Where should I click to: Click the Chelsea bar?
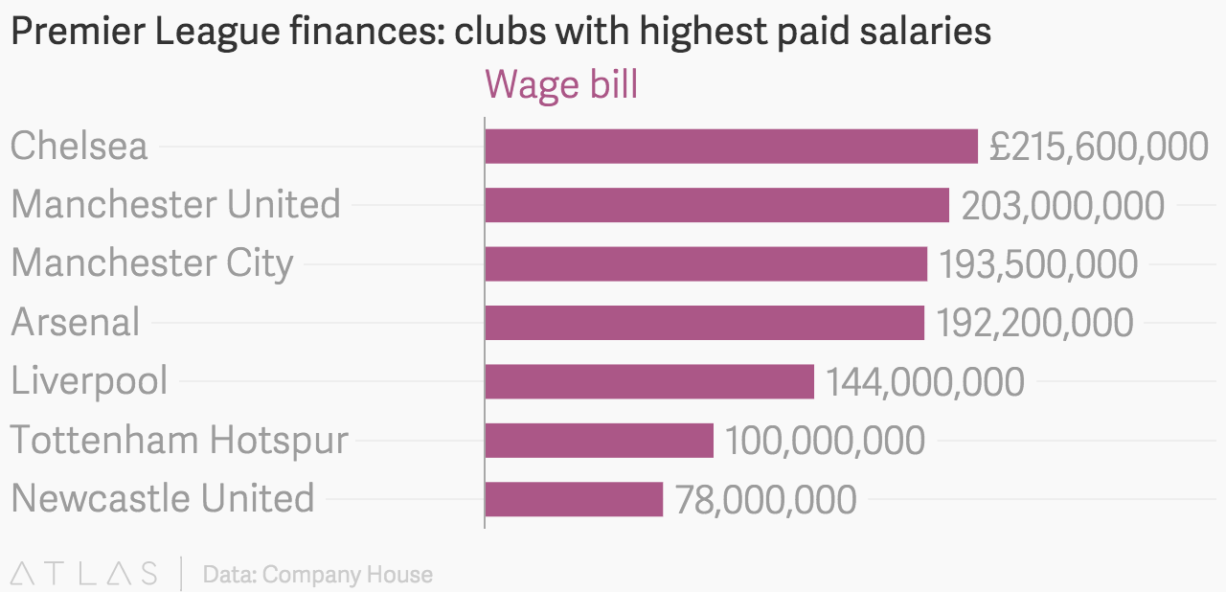[731, 147]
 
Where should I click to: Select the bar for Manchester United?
[716, 205]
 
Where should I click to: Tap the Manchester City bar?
[706, 263]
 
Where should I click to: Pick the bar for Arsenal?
[704, 323]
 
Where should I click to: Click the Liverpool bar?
[649, 381]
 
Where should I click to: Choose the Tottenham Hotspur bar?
[600, 441]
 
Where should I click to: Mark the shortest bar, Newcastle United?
[574, 499]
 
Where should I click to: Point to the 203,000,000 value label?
[1063, 206]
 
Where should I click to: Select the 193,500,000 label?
[1038, 264]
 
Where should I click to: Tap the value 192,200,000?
[1034, 323]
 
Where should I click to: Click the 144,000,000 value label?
[925, 382]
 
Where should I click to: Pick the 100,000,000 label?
[825, 441]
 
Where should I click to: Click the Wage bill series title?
[561, 85]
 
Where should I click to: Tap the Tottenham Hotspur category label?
[179, 441]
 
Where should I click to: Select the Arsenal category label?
[76, 323]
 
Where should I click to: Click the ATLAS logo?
[84, 574]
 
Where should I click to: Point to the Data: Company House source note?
[318, 575]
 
